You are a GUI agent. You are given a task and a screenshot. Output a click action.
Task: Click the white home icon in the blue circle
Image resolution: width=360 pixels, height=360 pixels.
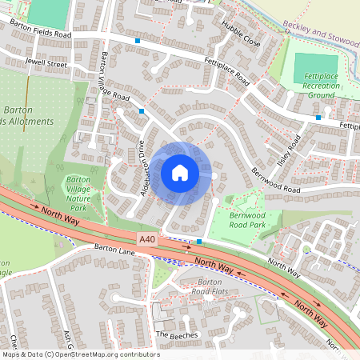pyautogui.click(x=180, y=172)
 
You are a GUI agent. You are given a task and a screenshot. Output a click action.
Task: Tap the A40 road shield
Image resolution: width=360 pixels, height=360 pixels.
pyautogui.click(x=147, y=238)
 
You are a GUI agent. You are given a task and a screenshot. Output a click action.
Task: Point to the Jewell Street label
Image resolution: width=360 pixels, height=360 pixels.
pyautogui.click(x=46, y=62)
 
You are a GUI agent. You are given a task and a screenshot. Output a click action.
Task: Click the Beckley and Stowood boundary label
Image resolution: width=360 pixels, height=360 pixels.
pyautogui.click(x=320, y=38)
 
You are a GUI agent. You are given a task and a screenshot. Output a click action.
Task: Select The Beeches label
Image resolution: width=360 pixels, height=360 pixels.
pyautogui.click(x=174, y=334)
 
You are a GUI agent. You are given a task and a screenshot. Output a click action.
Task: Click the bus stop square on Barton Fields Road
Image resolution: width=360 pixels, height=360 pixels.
pyautogui.click(x=138, y=40)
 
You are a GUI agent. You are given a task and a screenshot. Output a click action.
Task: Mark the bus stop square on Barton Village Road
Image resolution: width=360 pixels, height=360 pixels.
pyautogui.click(x=142, y=110)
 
